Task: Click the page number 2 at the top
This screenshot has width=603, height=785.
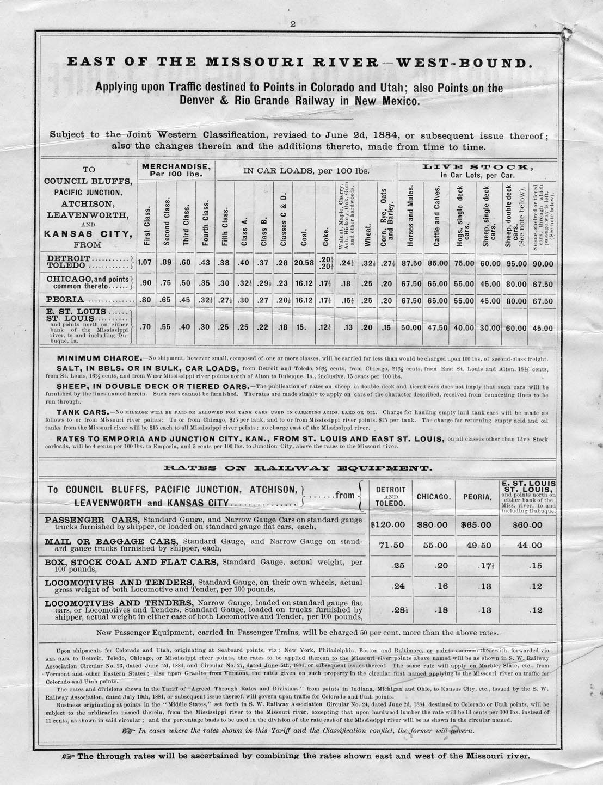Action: click(x=292, y=8)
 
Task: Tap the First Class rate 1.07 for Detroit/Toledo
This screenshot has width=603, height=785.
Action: click(x=145, y=263)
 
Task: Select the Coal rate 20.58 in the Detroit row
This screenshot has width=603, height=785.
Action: click(x=303, y=263)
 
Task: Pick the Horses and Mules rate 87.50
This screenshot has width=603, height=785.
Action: click(x=411, y=263)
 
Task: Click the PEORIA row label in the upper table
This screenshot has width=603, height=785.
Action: click(x=65, y=300)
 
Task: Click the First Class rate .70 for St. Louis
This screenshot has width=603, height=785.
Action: click(x=145, y=327)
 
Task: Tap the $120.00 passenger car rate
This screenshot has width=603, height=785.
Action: click(x=388, y=525)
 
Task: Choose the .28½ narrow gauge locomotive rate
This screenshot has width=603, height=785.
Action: click(x=399, y=610)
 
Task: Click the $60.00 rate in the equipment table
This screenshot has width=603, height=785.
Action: click(x=528, y=525)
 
